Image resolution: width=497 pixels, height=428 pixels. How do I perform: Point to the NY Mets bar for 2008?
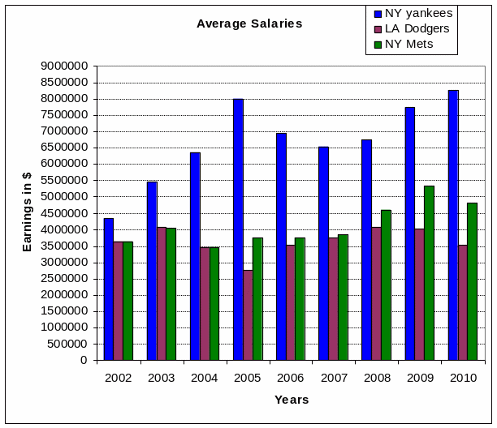(386, 285)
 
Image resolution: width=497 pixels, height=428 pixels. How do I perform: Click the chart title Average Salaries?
(249, 24)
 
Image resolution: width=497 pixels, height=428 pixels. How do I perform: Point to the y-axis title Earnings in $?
(27, 212)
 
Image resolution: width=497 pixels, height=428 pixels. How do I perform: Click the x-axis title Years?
(292, 400)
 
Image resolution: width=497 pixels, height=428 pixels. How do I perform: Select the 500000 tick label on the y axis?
(67, 344)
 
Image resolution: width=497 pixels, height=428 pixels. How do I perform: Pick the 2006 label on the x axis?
(291, 378)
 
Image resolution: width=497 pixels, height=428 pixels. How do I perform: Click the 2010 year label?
(463, 378)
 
